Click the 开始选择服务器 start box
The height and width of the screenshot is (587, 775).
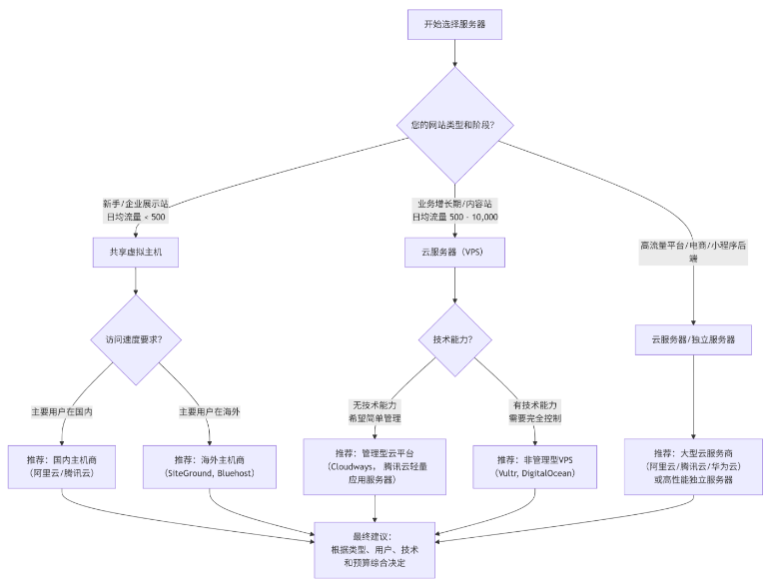(x=455, y=24)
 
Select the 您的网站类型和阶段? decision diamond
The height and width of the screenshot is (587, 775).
(x=455, y=125)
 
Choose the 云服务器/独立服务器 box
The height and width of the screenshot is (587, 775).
(x=693, y=339)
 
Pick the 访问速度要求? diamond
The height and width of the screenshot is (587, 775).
(x=135, y=339)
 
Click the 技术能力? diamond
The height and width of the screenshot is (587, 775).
(x=455, y=339)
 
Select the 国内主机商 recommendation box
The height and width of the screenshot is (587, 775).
(x=62, y=467)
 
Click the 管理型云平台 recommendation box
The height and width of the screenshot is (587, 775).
(x=376, y=467)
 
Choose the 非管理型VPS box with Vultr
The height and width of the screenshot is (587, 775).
(x=536, y=467)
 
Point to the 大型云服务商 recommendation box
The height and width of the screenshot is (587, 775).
(x=693, y=467)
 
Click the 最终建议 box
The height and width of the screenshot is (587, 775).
(x=376, y=549)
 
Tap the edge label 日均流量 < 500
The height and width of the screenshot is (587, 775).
(x=135, y=216)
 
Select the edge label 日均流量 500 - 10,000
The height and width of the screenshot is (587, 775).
(x=455, y=216)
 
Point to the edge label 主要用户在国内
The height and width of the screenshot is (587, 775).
(x=62, y=411)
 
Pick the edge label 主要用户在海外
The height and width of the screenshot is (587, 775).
(x=209, y=411)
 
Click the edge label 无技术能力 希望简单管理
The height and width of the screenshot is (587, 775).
(x=376, y=412)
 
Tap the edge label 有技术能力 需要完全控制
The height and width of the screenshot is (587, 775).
(x=536, y=412)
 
